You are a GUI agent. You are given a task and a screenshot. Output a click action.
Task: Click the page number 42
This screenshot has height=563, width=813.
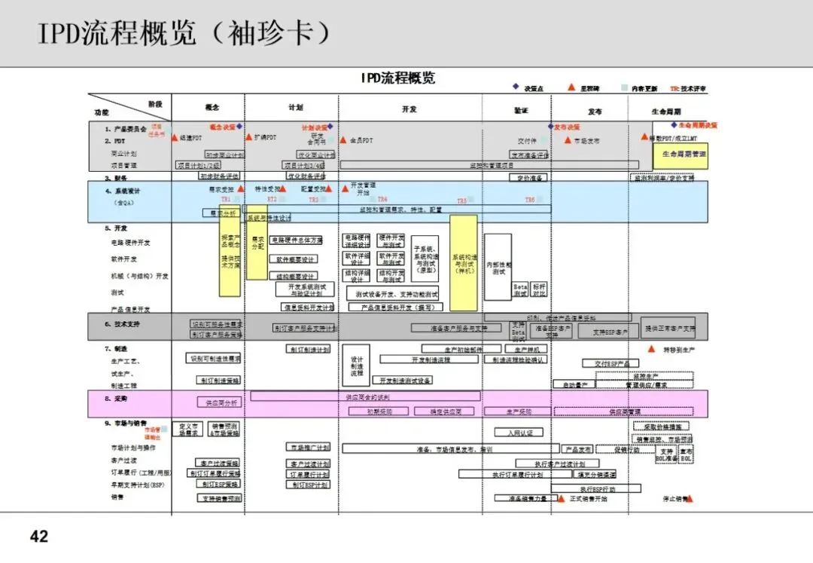[38, 536]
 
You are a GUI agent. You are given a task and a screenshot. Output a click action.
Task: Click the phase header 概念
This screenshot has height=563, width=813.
[212, 108]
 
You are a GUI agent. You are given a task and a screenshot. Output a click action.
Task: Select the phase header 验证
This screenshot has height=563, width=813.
[521, 110]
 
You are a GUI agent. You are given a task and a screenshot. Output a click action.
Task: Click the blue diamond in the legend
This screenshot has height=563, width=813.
[516, 87]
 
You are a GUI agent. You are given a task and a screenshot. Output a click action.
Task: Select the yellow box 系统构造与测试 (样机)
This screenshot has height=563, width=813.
[464, 262]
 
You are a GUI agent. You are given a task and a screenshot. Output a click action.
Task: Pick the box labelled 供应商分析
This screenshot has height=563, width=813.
[218, 402]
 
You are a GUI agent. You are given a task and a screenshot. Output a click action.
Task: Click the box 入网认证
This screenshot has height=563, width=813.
[519, 433]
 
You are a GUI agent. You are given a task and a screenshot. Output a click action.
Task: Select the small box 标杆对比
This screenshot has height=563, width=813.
[539, 290]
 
